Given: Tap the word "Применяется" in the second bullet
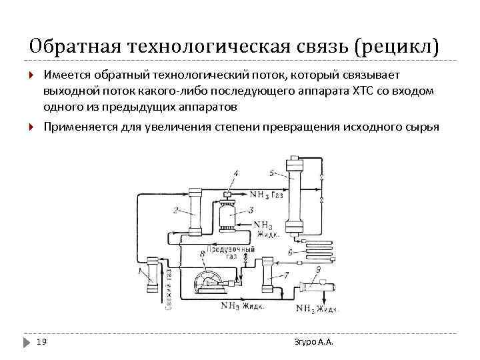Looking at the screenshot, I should [79, 126].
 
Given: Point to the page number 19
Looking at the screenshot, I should [41, 342].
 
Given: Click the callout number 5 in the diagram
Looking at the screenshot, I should [271, 173].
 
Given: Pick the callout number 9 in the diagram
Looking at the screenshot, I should [318, 269].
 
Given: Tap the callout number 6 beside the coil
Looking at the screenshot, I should [291, 252].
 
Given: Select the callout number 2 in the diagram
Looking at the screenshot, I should [175, 211].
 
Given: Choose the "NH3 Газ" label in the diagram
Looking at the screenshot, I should [267, 195].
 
